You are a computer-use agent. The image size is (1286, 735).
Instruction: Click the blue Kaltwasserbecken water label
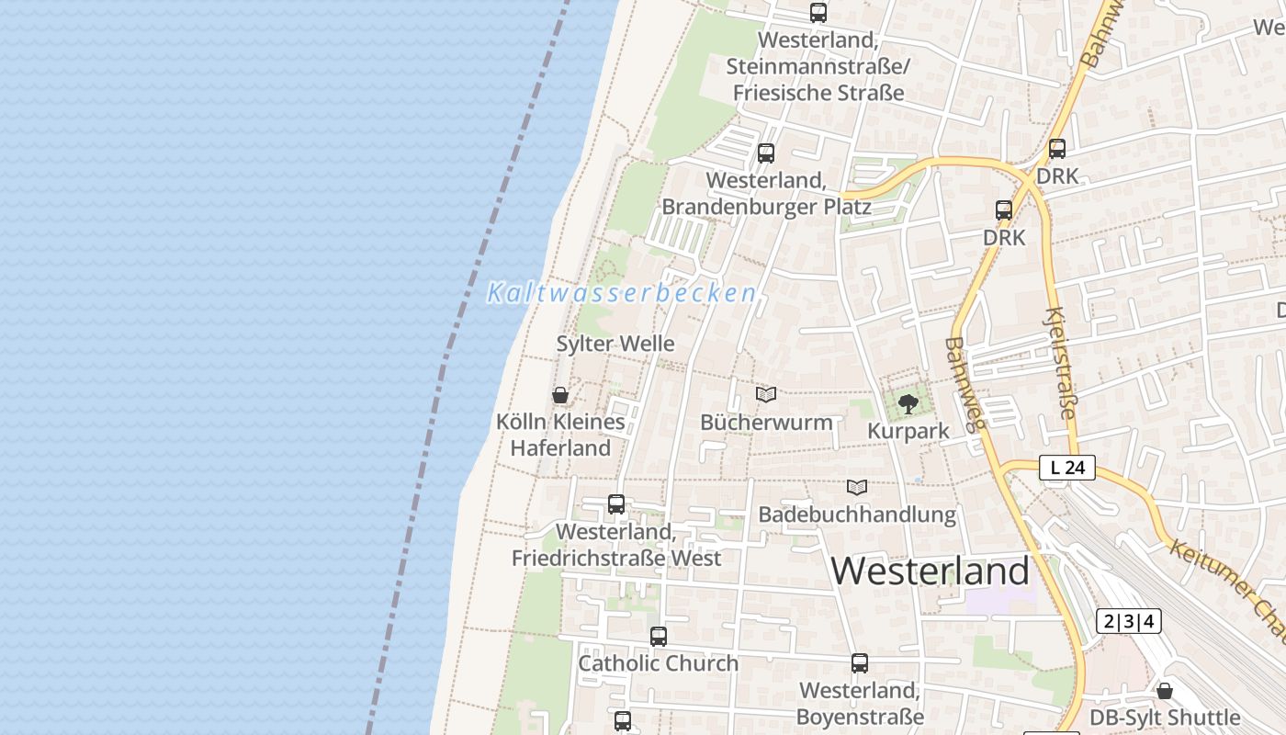click(x=622, y=293)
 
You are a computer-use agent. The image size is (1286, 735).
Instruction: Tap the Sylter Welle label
click(x=615, y=344)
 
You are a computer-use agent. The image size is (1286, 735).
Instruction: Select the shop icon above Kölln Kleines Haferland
click(x=560, y=395)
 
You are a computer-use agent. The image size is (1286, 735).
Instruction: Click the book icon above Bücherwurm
click(x=766, y=394)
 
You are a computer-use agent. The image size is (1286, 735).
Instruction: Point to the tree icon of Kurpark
click(x=908, y=402)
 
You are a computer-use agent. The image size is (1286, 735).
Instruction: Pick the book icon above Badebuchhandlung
click(x=857, y=487)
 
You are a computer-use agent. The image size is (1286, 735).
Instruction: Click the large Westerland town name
click(x=931, y=571)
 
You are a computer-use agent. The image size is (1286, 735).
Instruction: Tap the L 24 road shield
click(x=1067, y=468)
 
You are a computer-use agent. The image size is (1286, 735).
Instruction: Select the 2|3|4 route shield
click(x=1128, y=621)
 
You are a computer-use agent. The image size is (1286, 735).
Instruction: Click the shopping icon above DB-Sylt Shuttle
click(x=1165, y=691)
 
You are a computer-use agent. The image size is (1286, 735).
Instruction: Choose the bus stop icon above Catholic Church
click(x=658, y=636)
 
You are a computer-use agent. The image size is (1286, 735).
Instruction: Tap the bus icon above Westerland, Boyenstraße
click(x=860, y=662)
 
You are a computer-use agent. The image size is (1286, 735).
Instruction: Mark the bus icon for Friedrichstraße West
click(x=616, y=504)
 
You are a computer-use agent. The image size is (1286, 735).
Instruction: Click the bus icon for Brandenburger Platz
click(x=766, y=153)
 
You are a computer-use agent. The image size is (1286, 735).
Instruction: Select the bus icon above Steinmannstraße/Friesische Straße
click(x=818, y=13)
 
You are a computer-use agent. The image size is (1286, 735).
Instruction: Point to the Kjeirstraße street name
click(x=1059, y=363)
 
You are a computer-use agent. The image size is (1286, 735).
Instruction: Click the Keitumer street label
click(x=1226, y=589)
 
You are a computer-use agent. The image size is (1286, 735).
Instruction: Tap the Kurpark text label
click(x=908, y=431)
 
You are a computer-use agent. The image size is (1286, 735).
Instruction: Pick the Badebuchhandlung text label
click(x=857, y=514)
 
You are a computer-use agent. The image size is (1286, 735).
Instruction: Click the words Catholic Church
click(x=658, y=663)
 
